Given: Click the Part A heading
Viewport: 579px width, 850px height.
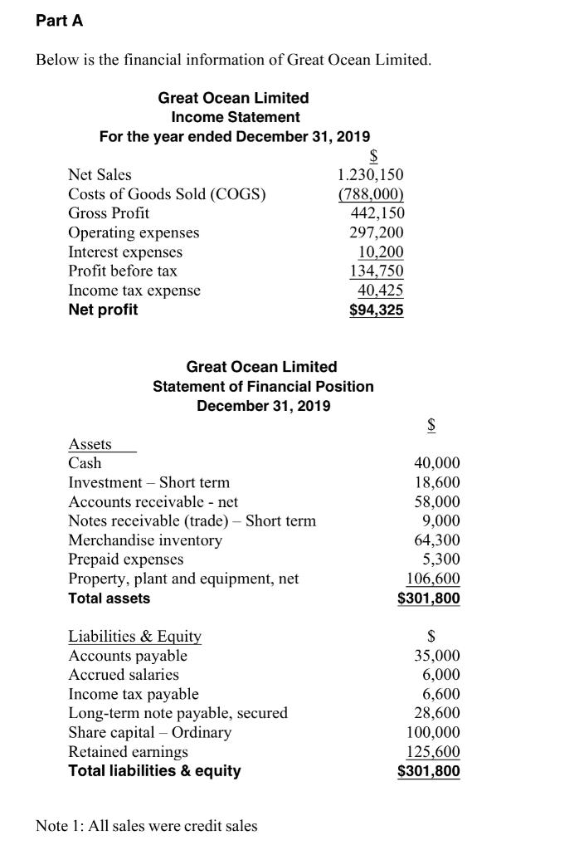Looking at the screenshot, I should pos(60,22).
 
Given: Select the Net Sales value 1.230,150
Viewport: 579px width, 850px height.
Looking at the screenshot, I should pos(371,175).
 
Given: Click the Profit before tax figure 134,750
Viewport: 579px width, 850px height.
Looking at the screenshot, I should pos(377,271).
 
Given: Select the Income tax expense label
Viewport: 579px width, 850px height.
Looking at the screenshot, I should pos(134,290).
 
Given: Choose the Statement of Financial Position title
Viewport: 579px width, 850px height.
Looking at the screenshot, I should pos(263,386).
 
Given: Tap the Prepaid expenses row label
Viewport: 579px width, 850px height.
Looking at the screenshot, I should pos(126,559).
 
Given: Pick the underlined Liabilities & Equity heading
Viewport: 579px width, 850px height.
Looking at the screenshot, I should pos(134,637).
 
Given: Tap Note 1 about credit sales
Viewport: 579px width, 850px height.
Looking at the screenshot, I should pos(147,825).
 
